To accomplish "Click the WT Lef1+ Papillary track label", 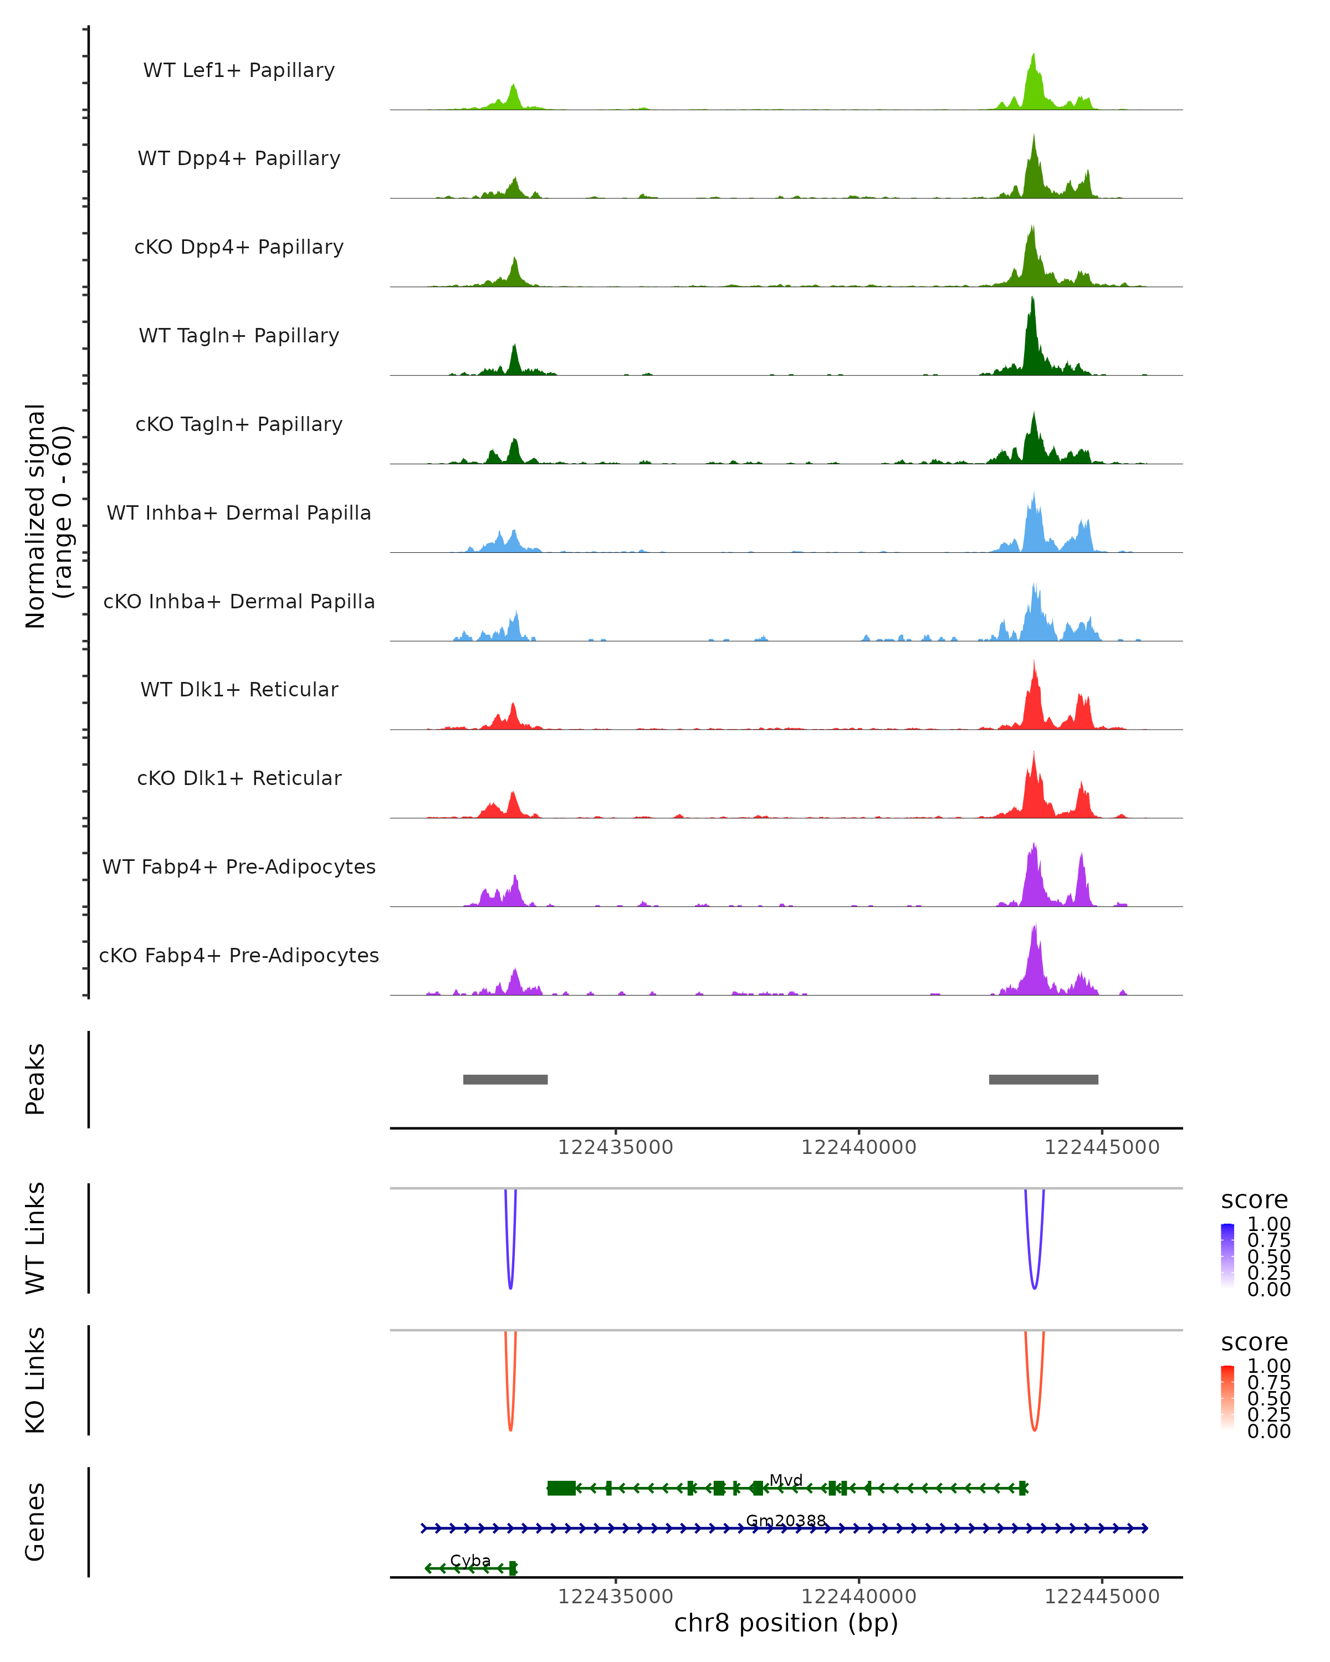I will point(239,70).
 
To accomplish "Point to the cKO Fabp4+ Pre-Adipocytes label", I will point(239,955).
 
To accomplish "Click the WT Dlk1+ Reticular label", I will point(239,689).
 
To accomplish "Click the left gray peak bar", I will point(505,1079).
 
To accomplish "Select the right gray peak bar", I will point(1043,1079).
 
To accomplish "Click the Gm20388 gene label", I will point(786,1520).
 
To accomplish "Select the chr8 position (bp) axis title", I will point(786,1623).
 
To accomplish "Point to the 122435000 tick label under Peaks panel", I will point(615,1147).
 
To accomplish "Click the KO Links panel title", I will point(35,1380).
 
